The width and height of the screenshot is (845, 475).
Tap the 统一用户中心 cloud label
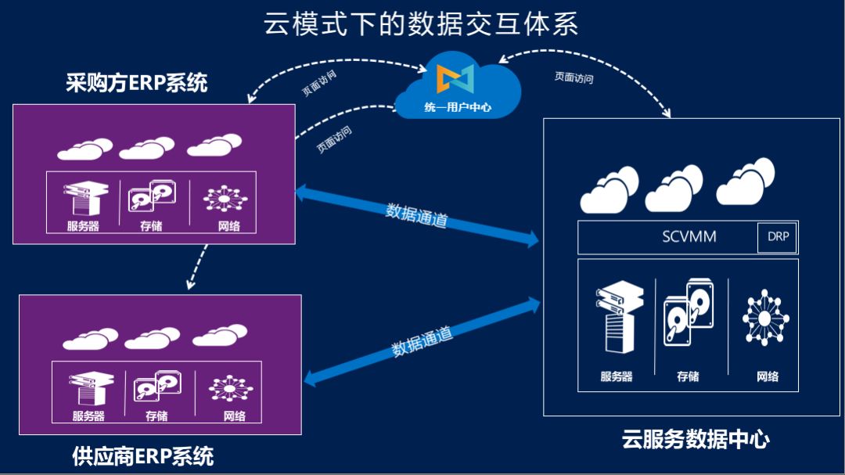458,107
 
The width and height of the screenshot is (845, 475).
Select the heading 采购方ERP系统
137,83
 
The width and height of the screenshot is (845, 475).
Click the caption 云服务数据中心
696,439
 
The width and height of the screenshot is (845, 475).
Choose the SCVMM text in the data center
689,237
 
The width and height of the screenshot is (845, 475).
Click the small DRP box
778,237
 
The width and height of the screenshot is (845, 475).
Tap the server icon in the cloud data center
617,317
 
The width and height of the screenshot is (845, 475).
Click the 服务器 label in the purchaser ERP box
83,227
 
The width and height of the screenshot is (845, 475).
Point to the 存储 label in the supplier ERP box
156,416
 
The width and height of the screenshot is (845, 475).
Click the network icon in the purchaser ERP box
225,197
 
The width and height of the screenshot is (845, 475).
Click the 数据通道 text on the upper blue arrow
416,215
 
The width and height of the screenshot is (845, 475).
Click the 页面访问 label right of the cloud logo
574,77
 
